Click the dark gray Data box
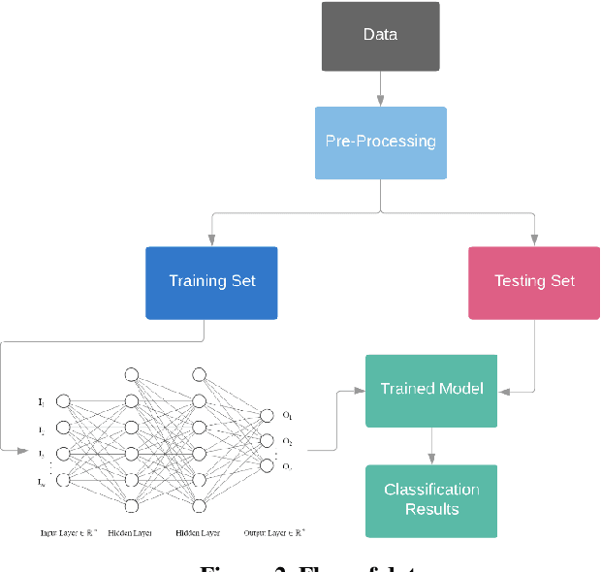[380, 36]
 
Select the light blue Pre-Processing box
[380, 143]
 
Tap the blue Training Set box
[211, 282]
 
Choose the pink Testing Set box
[534, 282]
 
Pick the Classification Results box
[431, 500]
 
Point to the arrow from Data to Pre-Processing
[380, 88]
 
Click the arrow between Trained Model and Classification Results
[431, 445]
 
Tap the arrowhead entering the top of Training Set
[211, 241]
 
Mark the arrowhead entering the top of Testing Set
[534, 241]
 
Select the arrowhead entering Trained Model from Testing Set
[503, 391]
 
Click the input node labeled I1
[64, 400]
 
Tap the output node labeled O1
[266, 416]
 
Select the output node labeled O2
[266, 441]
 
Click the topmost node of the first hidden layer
[132, 374]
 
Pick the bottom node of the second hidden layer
[200, 505]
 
